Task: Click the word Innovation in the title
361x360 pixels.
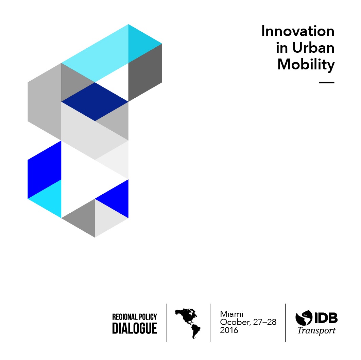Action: pyautogui.click(x=298, y=31)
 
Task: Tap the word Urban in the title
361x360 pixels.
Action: pyautogui.click(x=313, y=48)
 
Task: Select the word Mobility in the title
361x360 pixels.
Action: pyautogui.click(x=306, y=65)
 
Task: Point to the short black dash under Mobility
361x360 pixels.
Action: pyautogui.click(x=326, y=82)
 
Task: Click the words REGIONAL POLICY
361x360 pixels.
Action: pyautogui.click(x=135, y=317)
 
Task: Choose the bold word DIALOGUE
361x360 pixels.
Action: pyautogui.click(x=135, y=328)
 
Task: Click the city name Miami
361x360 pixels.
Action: pyautogui.click(x=231, y=314)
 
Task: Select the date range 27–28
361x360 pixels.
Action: pyautogui.click(x=264, y=322)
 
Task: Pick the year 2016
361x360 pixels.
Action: pyautogui.click(x=229, y=330)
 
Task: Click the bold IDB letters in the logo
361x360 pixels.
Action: pyautogui.click(x=326, y=318)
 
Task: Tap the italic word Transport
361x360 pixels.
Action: pyautogui.click(x=316, y=331)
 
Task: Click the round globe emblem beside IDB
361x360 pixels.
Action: pyautogui.click(x=304, y=318)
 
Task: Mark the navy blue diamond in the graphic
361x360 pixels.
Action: pyautogui.click(x=94, y=101)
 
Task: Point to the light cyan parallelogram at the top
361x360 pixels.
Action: pyautogui.click(x=95, y=53)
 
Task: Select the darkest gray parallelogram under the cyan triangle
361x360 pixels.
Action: pyautogui.click(x=145, y=72)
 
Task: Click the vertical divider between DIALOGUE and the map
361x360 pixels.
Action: pyautogui.click(x=167, y=323)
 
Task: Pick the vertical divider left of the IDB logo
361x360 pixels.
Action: pyautogui.click(x=286, y=323)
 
